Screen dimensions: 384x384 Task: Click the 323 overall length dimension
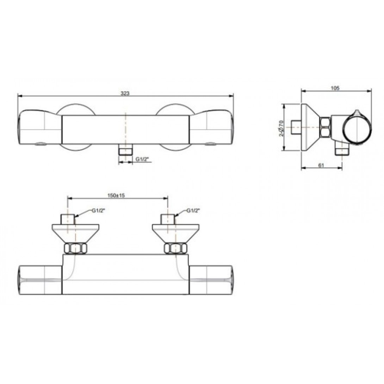(125, 93)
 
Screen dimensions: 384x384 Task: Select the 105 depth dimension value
(335, 88)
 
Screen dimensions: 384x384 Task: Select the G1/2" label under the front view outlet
(143, 160)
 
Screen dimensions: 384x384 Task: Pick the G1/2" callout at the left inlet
(98, 211)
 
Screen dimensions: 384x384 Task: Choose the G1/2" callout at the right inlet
(193, 211)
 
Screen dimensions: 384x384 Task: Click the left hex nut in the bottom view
(75, 249)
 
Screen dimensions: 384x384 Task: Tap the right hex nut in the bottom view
(175, 249)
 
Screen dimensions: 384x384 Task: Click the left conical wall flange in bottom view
(75, 232)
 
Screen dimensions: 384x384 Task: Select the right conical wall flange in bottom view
(175, 232)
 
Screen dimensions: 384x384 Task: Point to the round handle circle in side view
(357, 129)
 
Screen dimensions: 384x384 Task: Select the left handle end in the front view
(39, 127)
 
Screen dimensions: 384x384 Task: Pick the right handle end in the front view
(211, 127)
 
